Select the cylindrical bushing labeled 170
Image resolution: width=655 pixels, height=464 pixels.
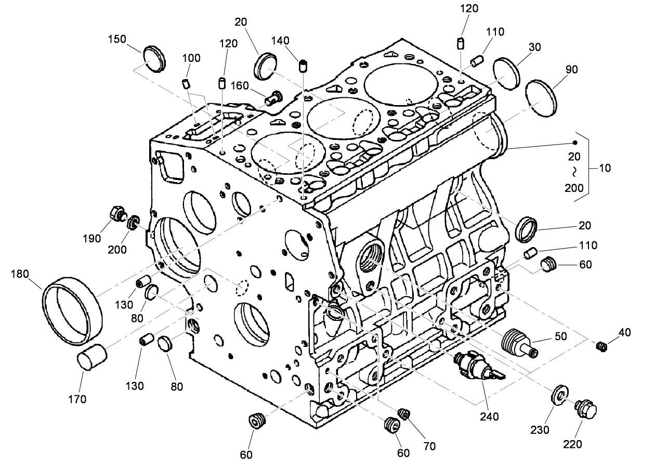[91, 359]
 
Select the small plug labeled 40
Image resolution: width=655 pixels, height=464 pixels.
[601, 346]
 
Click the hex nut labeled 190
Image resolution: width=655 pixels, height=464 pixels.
[117, 214]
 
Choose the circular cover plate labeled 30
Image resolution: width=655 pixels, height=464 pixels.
[506, 74]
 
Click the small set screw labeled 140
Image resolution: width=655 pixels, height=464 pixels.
[304, 66]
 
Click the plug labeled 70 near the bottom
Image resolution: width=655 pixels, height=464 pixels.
[403, 414]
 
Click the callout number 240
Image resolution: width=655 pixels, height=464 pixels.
[489, 416]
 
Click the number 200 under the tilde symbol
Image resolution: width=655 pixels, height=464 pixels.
[575, 188]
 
